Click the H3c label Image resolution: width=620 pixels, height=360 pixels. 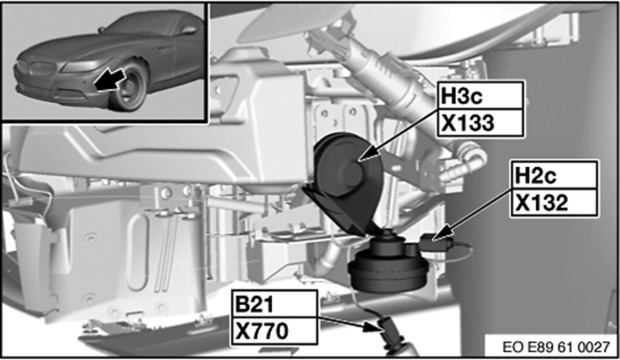pyautogui.click(x=461, y=96)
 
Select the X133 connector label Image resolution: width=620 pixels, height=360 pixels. pyautogui.click(x=468, y=123)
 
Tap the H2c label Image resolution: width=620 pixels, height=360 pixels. pyautogui.click(x=535, y=176)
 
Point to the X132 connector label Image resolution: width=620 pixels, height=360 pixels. pyautogui.click(x=541, y=203)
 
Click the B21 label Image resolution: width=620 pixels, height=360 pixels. pyautogui.click(x=254, y=304)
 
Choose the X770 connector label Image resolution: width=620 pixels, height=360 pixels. pyautogui.click(x=262, y=331)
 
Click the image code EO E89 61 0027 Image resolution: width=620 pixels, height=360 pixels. pyautogui.click(x=556, y=347)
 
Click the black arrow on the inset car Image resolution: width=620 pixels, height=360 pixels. pyautogui.click(x=109, y=80)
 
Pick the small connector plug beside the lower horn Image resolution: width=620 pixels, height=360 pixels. pyautogui.click(x=437, y=242)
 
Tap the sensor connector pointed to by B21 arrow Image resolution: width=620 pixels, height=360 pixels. pyautogui.click(x=390, y=334)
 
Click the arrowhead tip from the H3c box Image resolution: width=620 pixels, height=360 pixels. pyautogui.click(x=359, y=161)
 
